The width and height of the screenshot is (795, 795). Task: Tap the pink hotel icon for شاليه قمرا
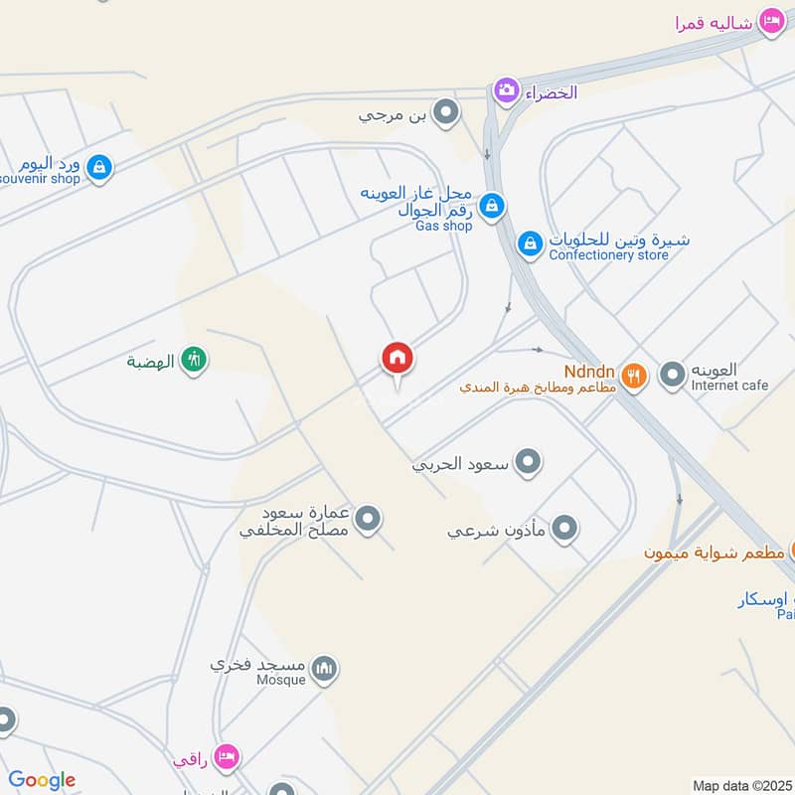771,21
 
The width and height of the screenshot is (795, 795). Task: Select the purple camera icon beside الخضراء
507,91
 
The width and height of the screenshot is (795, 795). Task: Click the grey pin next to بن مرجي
448,114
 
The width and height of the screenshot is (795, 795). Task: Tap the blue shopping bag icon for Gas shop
491,207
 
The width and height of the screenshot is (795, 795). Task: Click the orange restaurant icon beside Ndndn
634,375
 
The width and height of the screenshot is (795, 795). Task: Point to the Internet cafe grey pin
674,375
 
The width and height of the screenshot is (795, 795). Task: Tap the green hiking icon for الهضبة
194,360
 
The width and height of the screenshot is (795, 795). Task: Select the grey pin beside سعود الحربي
529,462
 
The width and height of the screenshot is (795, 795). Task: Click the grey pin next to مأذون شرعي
564,529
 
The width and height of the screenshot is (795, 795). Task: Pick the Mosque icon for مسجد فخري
324,670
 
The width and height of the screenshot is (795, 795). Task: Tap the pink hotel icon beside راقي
228,758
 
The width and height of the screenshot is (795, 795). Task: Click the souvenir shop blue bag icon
98,169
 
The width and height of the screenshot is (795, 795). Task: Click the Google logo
42,780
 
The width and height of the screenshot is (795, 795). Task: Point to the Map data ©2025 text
741,785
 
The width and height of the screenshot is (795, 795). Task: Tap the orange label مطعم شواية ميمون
714,552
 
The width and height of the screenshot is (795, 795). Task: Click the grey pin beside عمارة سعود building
369,519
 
